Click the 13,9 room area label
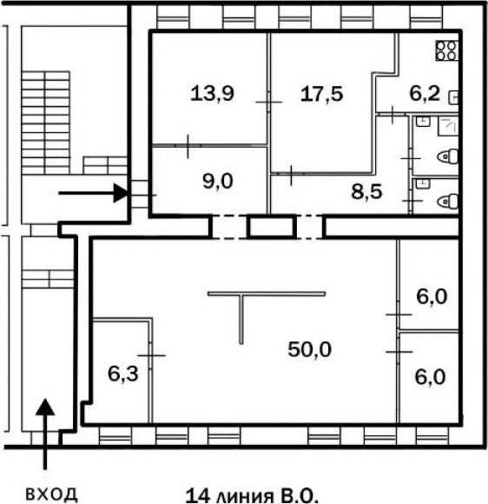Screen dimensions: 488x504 point(212,94)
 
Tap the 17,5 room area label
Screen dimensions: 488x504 point(321,94)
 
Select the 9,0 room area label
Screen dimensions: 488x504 point(218,182)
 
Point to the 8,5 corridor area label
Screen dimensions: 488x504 point(366,192)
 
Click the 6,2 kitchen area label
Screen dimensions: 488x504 point(425,94)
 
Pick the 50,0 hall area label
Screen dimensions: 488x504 point(309,349)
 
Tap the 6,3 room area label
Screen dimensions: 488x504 point(123,374)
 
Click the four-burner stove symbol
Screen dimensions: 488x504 point(446,50)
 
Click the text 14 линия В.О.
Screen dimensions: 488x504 point(252,495)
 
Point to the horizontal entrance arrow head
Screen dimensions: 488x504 point(121,193)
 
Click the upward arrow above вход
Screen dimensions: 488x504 point(45,434)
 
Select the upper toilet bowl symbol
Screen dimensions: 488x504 point(447,156)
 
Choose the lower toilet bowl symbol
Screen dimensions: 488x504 point(447,202)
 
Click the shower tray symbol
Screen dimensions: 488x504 point(448,126)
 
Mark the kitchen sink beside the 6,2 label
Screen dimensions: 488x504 point(453,97)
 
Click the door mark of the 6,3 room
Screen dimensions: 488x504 point(151,355)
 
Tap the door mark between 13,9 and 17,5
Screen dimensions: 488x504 point(269,102)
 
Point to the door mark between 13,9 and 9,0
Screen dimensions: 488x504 point(188,146)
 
